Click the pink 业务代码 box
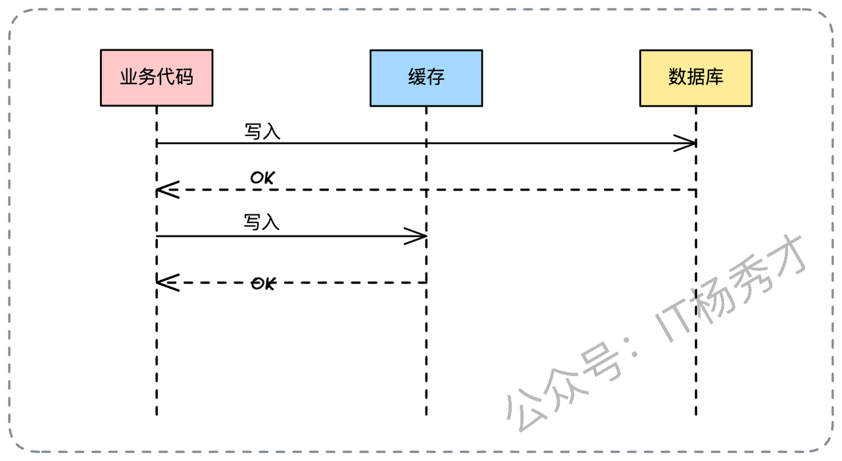pyautogui.click(x=157, y=78)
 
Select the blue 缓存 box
pyautogui.click(x=426, y=78)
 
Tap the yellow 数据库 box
pyautogui.click(x=695, y=78)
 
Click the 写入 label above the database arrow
pyautogui.click(x=262, y=132)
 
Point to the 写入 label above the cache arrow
pyautogui.click(x=262, y=222)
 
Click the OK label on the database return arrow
pyautogui.click(x=262, y=178)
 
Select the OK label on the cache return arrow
pyautogui.click(x=263, y=283)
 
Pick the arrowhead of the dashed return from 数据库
pyautogui.click(x=164, y=190)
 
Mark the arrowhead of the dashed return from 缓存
pyautogui.click(x=164, y=283)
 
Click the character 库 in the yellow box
pyautogui.click(x=714, y=78)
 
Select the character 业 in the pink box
pyautogui.click(x=129, y=78)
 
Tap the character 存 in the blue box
pyautogui.click(x=435, y=78)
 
